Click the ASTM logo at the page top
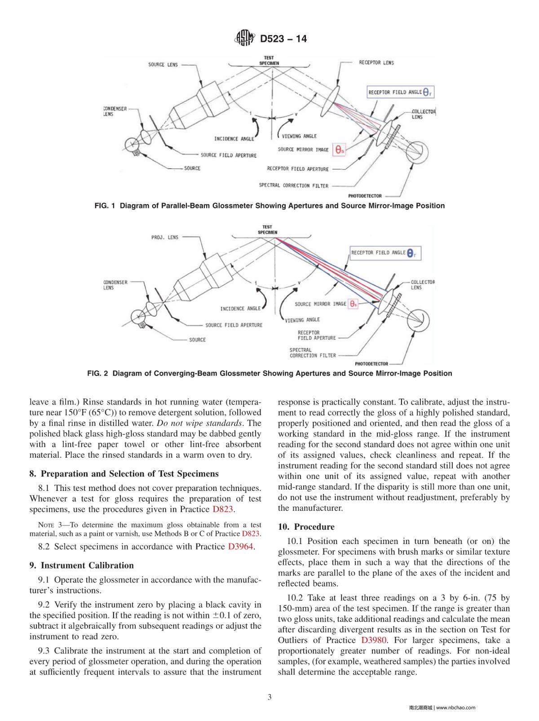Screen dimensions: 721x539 tap(245, 39)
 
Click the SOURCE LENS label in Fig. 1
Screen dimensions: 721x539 tap(163, 65)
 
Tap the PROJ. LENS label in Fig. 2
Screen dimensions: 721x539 tap(165, 237)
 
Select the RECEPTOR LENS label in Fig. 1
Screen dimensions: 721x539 tap(376, 63)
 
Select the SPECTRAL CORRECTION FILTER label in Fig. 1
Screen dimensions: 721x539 tap(294, 185)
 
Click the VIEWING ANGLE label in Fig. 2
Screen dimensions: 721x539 tap(303, 320)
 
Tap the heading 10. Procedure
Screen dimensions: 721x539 tap(306, 526)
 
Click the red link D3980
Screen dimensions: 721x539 tap(374, 640)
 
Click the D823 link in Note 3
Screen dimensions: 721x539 tap(251, 534)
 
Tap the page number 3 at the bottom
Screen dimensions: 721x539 tap(269, 697)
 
